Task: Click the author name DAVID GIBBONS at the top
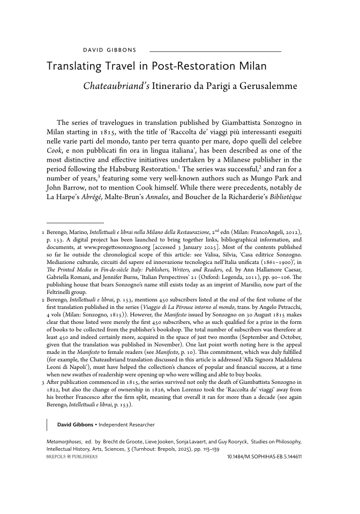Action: (110, 50)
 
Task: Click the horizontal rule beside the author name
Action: (215, 51)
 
